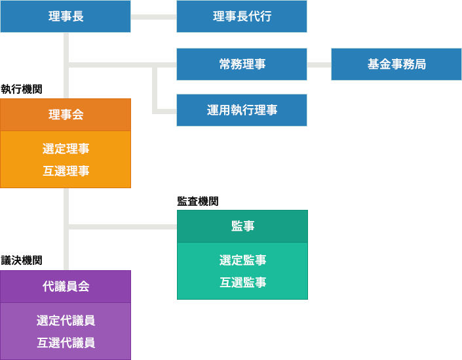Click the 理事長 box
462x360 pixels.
(66, 16)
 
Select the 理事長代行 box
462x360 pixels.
(242, 16)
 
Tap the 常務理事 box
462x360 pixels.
(242, 64)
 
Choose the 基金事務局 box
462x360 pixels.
(396, 64)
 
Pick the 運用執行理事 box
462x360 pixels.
(242, 110)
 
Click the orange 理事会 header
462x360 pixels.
(66, 115)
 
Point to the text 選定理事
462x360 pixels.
(66, 149)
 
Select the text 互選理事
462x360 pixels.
(66, 171)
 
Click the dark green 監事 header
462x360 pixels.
(242, 226)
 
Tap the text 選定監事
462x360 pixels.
(242, 260)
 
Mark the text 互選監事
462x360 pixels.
(242, 283)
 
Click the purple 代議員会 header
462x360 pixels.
(66, 287)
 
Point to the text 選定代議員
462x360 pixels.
(66, 321)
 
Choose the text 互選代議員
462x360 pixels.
(66, 342)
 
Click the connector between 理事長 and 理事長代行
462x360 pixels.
(154, 17)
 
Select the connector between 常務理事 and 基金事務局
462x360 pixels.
(319, 65)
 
